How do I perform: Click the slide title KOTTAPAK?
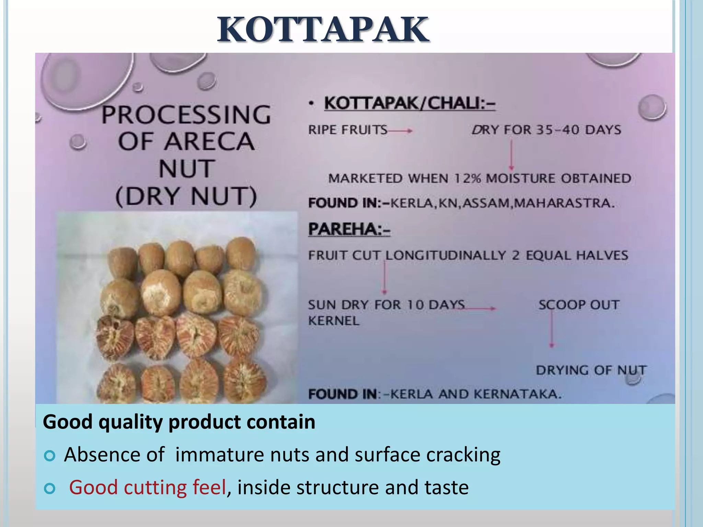(x=323, y=30)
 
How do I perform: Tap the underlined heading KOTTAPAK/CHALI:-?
(x=410, y=103)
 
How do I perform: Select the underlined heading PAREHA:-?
(x=349, y=229)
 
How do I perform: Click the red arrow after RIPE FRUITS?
(x=400, y=131)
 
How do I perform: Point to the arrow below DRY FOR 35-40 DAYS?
(x=511, y=154)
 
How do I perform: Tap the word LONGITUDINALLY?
(x=446, y=255)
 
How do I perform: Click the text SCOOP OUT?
(x=579, y=305)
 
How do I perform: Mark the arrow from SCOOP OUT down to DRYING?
(x=552, y=329)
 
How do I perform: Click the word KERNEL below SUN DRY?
(x=334, y=321)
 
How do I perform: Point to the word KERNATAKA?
(x=518, y=394)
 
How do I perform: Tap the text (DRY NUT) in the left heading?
(x=186, y=197)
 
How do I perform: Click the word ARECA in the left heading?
(x=209, y=142)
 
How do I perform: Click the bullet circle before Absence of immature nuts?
(x=50, y=456)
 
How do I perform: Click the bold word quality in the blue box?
(x=130, y=422)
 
